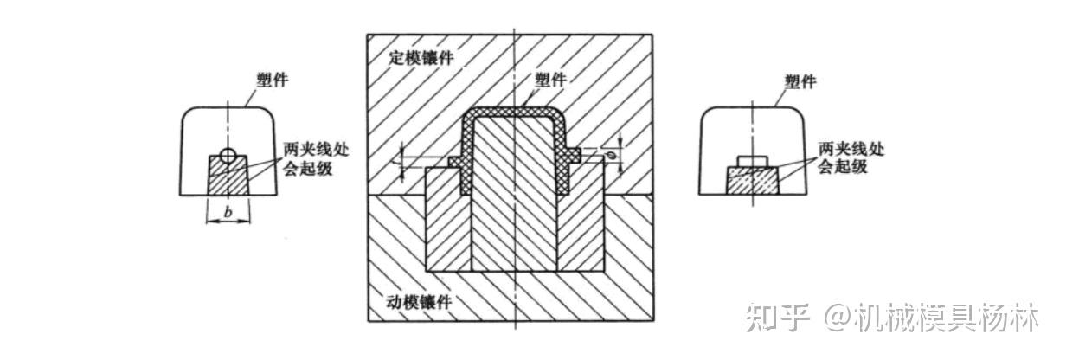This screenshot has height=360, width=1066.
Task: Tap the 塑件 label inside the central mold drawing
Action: (x=550, y=79)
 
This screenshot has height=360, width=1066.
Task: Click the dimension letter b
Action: (x=228, y=210)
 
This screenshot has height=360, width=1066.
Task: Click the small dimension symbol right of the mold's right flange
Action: (x=611, y=156)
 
